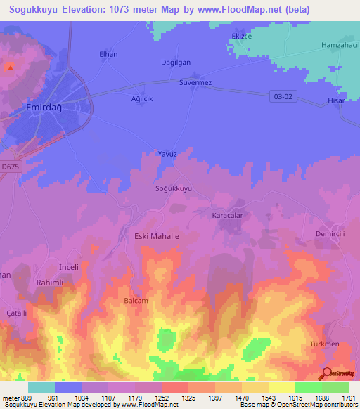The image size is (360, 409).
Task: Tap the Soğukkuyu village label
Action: click(173, 189)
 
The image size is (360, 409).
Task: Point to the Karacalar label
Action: click(227, 216)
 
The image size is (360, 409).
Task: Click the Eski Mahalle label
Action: click(157, 237)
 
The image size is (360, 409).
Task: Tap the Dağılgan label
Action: click(176, 62)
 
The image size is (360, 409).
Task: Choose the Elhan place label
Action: click(108, 54)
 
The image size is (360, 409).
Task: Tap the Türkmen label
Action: click(325, 344)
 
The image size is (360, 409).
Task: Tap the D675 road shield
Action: click(11, 167)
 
